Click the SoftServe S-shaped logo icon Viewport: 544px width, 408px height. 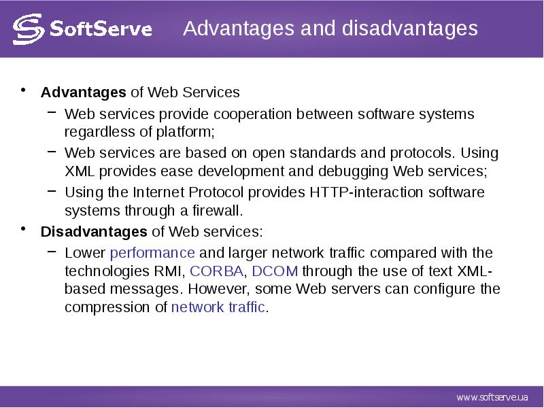pyautogui.click(x=29, y=29)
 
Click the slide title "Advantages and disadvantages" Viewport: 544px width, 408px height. pyautogui.click(x=330, y=29)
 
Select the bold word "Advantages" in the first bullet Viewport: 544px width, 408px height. pyautogui.click(x=83, y=92)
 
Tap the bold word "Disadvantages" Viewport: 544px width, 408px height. pyautogui.click(x=94, y=231)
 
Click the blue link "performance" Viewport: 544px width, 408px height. pyautogui.click(x=152, y=253)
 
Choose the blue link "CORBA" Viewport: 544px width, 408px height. pyautogui.click(x=216, y=271)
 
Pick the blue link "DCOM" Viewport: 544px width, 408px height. pyautogui.click(x=275, y=271)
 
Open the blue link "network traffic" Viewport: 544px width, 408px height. pyautogui.click(x=218, y=307)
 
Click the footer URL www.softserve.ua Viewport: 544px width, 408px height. pyautogui.click(x=492, y=397)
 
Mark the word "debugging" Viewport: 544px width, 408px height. pyautogui.click(x=353, y=171)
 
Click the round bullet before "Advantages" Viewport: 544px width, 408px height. pyautogui.click(x=23, y=90)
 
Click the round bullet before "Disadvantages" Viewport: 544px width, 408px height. pyautogui.click(x=23, y=229)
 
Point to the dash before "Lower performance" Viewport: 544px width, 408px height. pyautogui.click(x=52, y=251)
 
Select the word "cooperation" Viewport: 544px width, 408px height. pyautogui.click(x=252, y=114)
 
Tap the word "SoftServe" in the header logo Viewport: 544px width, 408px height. pyautogui.click(x=101, y=29)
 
